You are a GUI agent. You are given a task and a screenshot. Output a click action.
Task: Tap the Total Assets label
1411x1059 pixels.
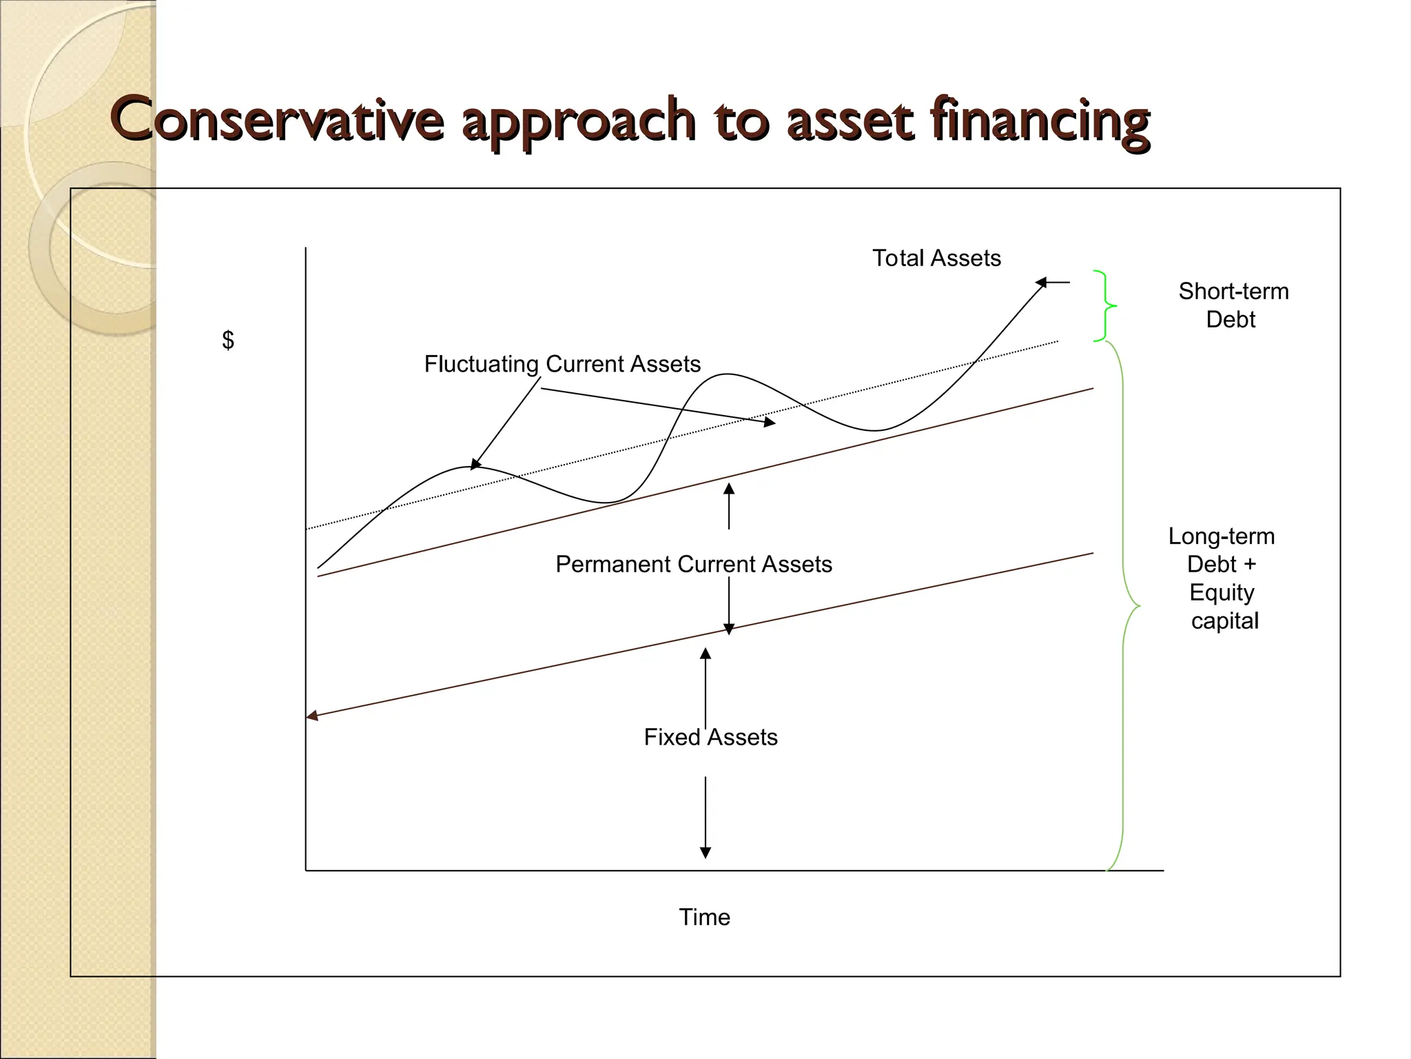(936, 258)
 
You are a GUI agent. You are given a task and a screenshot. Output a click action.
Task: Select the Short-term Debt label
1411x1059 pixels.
(1233, 305)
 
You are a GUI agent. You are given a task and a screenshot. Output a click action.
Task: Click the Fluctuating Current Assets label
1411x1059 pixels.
(562, 363)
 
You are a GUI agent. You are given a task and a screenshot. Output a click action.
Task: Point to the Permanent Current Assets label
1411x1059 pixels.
(694, 564)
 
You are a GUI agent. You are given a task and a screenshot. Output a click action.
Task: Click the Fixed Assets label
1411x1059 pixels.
(710, 737)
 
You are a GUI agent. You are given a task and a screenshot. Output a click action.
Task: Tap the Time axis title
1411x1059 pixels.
(704, 917)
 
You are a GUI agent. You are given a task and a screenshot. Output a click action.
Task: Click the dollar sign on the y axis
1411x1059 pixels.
(228, 340)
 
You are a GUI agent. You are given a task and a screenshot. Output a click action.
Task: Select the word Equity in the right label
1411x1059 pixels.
(1222, 592)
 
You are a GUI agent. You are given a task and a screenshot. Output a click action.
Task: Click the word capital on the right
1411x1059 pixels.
(1225, 621)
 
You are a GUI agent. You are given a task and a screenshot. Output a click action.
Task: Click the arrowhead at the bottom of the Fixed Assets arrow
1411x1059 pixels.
(705, 853)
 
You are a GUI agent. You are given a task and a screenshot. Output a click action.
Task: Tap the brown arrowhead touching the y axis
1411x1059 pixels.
(312, 716)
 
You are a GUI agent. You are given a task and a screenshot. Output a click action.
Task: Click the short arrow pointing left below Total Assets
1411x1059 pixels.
(1051, 282)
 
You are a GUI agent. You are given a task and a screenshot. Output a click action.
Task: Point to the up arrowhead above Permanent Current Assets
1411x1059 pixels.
(729, 488)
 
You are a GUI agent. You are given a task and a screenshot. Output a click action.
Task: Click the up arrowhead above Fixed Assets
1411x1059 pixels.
(705, 653)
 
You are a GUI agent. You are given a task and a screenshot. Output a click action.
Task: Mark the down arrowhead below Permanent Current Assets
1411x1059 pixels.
(729, 629)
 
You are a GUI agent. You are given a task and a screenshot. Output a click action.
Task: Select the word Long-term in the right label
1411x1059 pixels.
(1222, 536)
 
